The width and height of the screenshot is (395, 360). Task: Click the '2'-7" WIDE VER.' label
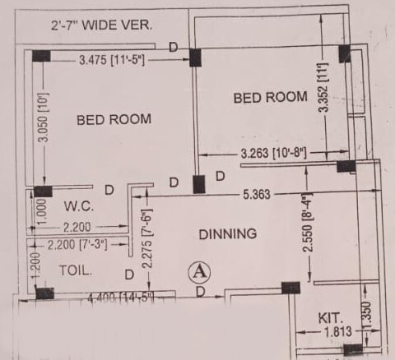pyautogui.click(x=91, y=25)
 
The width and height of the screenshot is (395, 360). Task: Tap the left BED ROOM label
pyautogui.click(x=114, y=119)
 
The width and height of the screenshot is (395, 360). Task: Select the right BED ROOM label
pyautogui.click(x=271, y=97)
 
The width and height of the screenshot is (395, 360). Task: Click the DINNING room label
pyautogui.click(x=227, y=234)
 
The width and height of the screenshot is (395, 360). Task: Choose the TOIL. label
pyautogui.click(x=75, y=269)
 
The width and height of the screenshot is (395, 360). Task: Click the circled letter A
pyautogui.click(x=199, y=270)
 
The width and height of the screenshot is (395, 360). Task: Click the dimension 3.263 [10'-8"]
pyautogui.click(x=274, y=153)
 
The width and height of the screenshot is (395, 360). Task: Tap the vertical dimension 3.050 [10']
pyautogui.click(x=43, y=118)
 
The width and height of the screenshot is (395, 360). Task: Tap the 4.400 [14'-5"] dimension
pyautogui.click(x=121, y=297)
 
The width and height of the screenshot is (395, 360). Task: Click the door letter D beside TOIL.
pyautogui.click(x=128, y=274)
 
